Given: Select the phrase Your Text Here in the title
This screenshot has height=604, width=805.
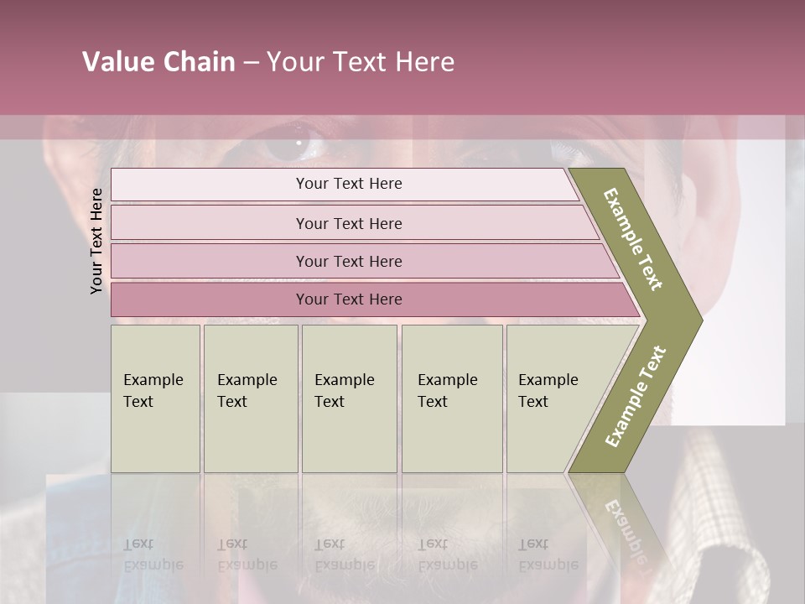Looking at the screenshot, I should coord(361,62).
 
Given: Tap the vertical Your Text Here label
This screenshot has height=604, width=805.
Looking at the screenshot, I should coord(96,241).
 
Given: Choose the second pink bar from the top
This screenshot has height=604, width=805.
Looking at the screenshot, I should coord(349,223).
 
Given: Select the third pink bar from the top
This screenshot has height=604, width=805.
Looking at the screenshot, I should coord(349,261).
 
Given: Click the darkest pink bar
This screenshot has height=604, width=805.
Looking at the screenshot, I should coord(349,299).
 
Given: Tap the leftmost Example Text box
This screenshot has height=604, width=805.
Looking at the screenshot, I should coord(155,398).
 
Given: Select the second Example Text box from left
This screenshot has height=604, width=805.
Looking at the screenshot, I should coord(250,398).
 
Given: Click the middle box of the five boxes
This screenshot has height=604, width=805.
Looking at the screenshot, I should coord(349,398).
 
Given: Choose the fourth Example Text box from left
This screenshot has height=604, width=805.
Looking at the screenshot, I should coord(451,398).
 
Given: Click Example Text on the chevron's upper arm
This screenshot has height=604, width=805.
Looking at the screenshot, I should coord(634,238).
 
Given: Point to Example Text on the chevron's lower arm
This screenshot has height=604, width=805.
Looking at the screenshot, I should coord(636,396).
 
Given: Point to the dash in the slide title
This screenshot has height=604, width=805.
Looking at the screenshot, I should coord(251,63).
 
